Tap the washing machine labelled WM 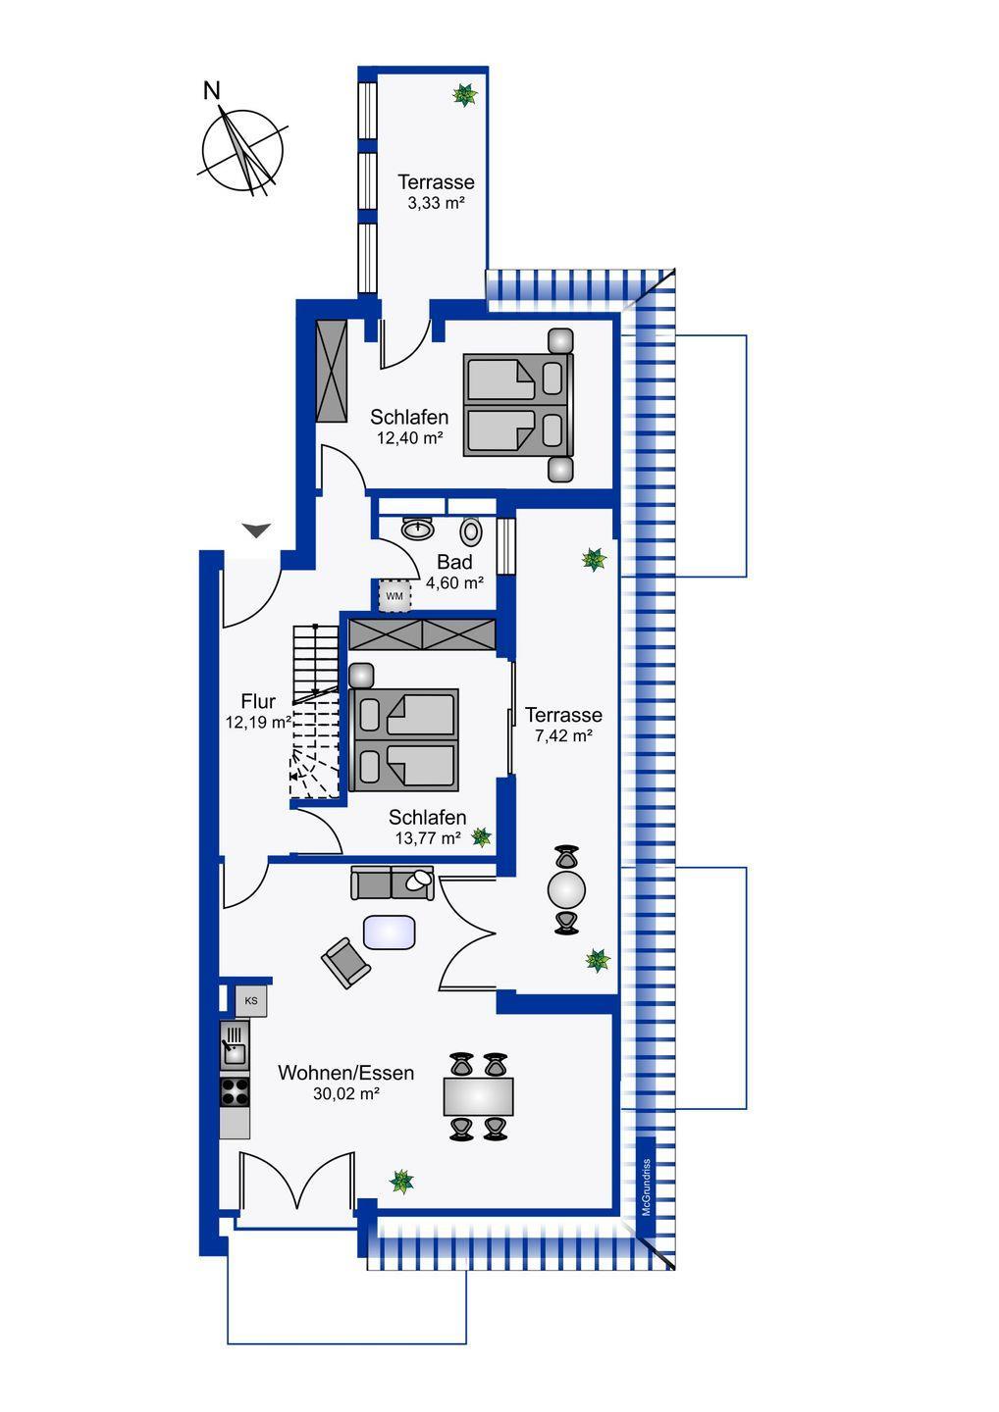point(394,595)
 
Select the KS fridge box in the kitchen point(251,1001)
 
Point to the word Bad point(454,562)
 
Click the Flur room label point(258,701)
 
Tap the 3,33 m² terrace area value point(435,203)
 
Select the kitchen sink point(235,1045)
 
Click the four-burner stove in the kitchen point(235,1091)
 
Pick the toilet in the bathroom point(472,530)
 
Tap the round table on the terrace point(566,890)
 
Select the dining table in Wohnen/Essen point(478,1096)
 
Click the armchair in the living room point(345,962)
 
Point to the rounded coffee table point(390,932)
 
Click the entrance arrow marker point(256,530)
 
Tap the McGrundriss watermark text point(646,1187)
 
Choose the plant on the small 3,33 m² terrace point(464,95)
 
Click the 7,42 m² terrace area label point(562,735)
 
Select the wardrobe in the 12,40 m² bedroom point(332,371)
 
